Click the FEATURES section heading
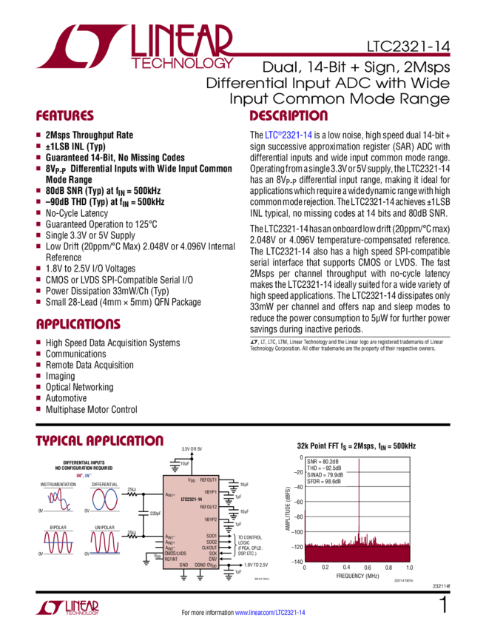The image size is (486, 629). (x=65, y=117)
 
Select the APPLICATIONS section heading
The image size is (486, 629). (x=78, y=325)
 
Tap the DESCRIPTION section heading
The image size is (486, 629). (x=288, y=117)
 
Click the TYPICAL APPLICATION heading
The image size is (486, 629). (x=99, y=442)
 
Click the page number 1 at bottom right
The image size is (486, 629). (x=443, y=606)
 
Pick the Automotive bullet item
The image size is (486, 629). (x=67, y=397)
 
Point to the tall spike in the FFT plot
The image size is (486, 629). (x=360, y=503)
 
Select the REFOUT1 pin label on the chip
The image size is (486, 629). (x=209, y=480)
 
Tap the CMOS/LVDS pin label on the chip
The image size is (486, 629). (x=176, y=553)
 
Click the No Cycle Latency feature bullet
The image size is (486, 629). (x=74, y=212)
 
